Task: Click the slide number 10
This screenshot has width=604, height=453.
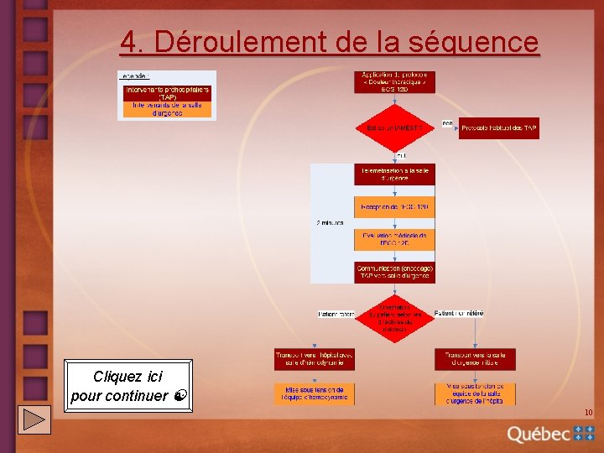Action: (x=588, y=412)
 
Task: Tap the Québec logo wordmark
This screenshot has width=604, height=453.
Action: (x=539, y=434)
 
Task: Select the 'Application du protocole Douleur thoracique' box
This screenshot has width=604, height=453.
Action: (x=394, y=81)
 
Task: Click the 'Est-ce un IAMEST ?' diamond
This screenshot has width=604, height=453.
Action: (x=394, y=128)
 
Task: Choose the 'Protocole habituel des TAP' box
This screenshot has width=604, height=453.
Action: (x=498, y=128)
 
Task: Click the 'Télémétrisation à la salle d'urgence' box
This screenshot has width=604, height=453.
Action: (x=394, y=174)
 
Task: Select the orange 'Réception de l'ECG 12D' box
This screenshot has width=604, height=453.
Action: (x=394, y=206)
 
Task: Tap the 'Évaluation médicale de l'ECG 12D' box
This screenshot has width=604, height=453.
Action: (x=394, y=239)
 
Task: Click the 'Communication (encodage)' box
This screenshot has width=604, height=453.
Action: (x=394, y=272)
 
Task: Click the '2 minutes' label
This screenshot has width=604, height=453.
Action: (x=330, y=223)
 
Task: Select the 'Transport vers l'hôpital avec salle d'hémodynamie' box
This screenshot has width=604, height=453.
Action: (x=315, y=359)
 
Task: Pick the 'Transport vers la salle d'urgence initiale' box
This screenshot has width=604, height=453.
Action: (x=475, y=359)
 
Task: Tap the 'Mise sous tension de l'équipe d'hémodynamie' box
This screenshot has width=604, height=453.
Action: (x=315, y=393)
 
